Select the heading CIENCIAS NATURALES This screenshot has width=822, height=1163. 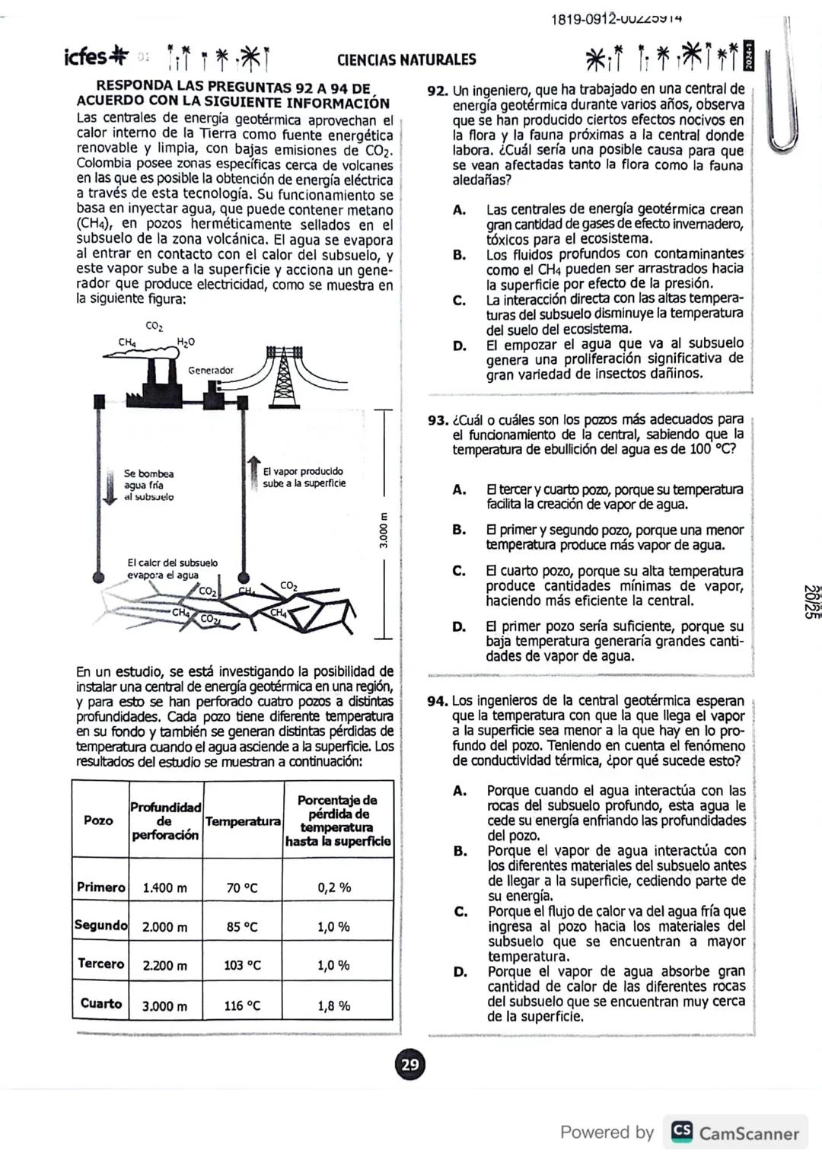pos(406,59)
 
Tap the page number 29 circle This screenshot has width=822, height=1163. pos(410,1064)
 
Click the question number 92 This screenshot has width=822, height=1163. pos(437,91)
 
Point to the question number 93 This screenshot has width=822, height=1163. pos(438,420)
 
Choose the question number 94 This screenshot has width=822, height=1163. pos(438,701)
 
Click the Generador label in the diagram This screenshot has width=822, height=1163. pos(211,371)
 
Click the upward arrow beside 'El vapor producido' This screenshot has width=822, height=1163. pos(253,470)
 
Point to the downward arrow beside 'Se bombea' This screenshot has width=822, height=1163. pos(110,486)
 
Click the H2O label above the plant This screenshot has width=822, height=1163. pos(186,343)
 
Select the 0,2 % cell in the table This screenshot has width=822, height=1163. pos(334,887)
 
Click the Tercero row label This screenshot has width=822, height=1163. pos(100,964)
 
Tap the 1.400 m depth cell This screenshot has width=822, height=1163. pos(165,887)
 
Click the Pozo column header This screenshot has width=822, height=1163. pos(99,820)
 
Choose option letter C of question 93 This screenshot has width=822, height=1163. pos(459,571)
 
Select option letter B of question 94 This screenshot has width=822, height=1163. pos(460,851)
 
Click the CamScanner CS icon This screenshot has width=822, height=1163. pos(681,1133)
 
